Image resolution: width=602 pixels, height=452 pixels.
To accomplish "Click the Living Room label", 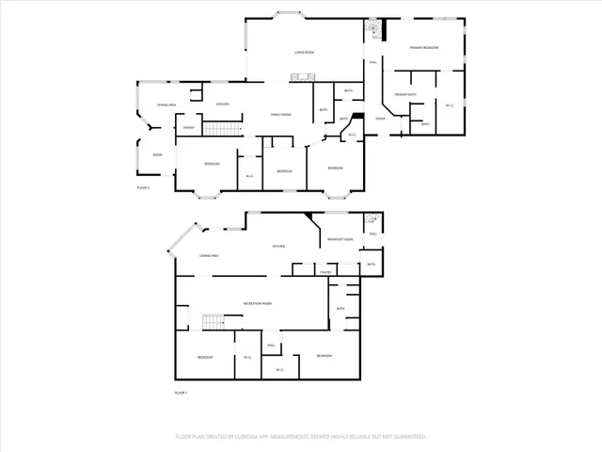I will click(x=304, y=53).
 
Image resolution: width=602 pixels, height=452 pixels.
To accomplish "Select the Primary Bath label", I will click(x=405, y=94).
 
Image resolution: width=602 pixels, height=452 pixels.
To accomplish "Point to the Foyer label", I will click(x=380, y=119).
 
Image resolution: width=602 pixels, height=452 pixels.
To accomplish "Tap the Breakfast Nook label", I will click(x=341, y=239).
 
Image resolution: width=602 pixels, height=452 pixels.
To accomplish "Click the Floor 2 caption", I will click(x=144, y=187).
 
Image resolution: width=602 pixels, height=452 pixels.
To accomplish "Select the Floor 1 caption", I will click(x=182, y=392).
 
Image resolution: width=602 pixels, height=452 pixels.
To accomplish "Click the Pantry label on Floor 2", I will click(x=188, y=127).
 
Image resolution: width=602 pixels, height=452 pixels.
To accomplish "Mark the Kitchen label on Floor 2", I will click(x=223, y=104).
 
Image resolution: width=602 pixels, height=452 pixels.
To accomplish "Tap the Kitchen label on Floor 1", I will click(x=278, y=247).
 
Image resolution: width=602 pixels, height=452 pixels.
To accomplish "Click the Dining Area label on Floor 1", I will click(x=208, y=255).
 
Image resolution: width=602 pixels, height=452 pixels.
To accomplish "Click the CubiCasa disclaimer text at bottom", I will click(x=301, y=437).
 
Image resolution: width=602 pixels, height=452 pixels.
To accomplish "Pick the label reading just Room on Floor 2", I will click(x=157, y=154).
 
